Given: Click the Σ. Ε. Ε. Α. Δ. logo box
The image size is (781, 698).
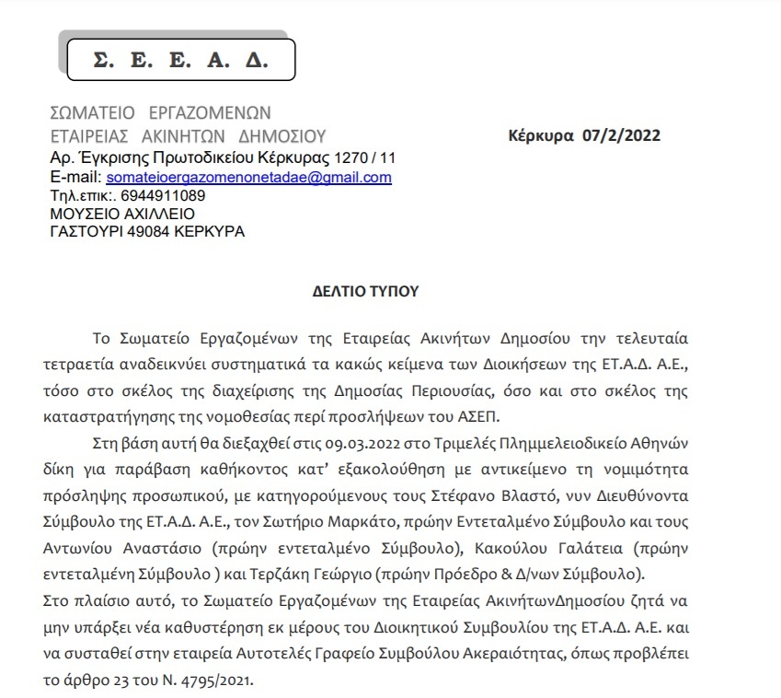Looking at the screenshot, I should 180,60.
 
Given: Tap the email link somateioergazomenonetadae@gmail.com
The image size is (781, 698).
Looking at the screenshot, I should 248,177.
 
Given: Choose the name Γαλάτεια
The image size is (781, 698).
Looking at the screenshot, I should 566,549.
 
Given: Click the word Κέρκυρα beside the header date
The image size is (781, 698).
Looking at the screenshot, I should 540,136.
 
